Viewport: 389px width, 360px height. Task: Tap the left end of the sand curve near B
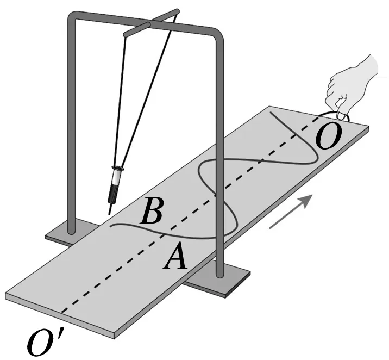[112, 226]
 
